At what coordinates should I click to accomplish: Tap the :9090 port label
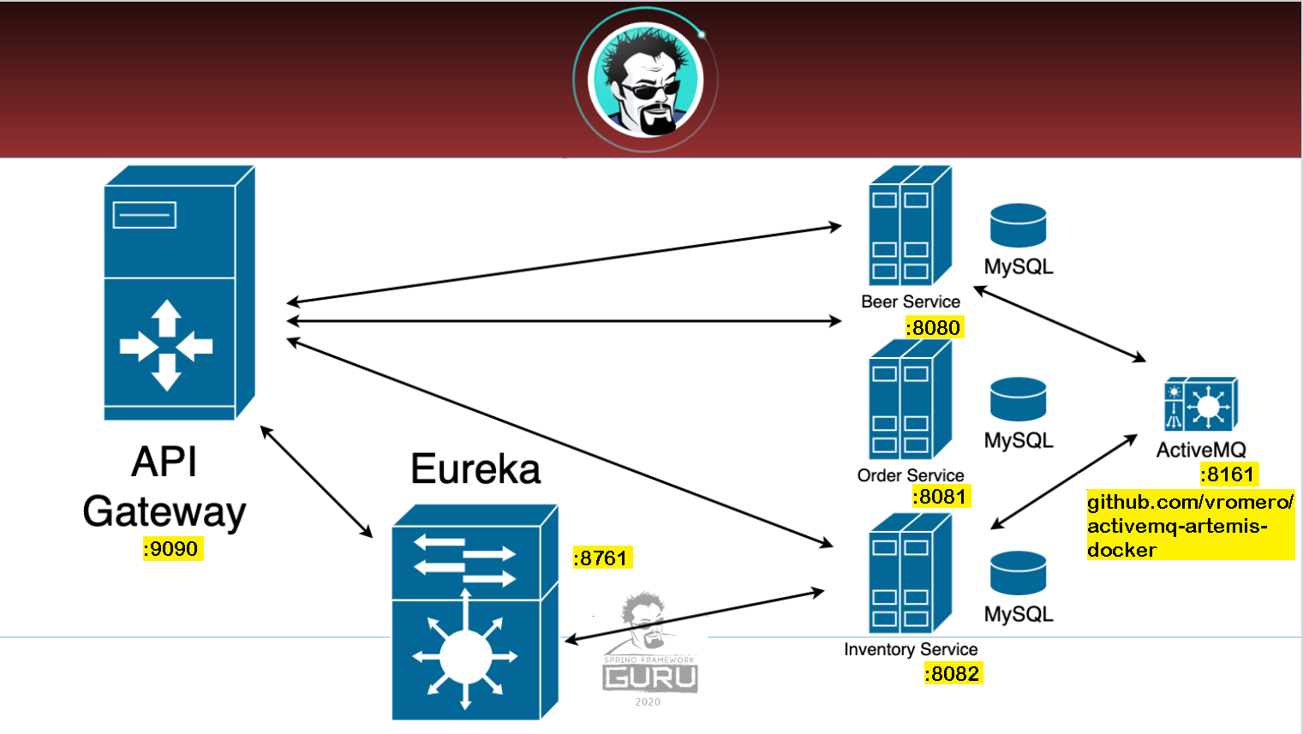(x=172, y=549)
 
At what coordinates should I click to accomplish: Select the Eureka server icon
(x=474, y=612)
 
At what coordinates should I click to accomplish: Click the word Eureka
(x=475, y=468)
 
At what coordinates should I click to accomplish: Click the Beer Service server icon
(x=910, y=225)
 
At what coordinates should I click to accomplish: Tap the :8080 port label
(x=934, y=327)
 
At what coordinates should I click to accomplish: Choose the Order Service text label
(x=910, y=475)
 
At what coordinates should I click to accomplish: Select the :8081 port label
(x=940, y=497)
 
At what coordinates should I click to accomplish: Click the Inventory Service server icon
(x=910, y=573)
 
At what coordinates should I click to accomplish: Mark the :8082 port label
(x=953, y=674)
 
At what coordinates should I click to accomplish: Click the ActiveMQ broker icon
(x=1200, y=404)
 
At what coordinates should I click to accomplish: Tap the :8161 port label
(x=1228, y=474)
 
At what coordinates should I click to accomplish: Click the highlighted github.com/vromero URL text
(x=1189, y=525)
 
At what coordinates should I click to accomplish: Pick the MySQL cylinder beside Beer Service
(x=1018, y=225)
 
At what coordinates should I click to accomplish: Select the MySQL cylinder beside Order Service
(x=1018, y=399)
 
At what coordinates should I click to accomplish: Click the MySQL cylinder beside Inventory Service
(x=1018, y=573)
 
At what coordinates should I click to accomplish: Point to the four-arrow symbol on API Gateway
(x=166, y=346)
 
